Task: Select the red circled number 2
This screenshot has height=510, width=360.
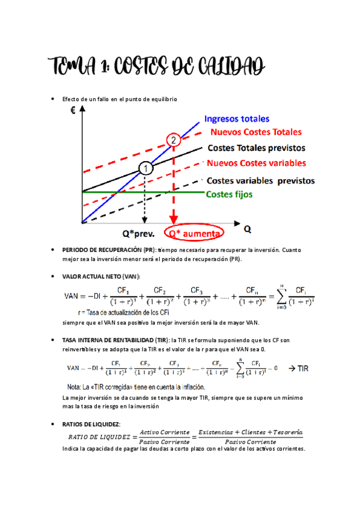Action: (174, 140)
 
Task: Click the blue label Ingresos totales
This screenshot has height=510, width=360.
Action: (237, 119)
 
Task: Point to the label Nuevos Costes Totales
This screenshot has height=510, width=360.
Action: (255, 132)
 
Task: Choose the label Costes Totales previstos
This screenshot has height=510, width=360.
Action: (256, 147)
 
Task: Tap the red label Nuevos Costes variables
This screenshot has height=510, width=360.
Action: (256, 163)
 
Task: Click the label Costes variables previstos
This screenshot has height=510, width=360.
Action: (260, 180)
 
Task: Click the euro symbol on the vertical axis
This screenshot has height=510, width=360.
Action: (73, 111)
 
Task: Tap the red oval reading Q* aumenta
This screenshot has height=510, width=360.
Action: (193, 233)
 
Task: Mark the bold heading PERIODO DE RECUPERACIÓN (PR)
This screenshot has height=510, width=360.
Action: (109, 250)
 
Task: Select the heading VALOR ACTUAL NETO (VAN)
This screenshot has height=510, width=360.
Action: (101, 276)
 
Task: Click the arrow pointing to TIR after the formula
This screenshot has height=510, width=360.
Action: (288, 367)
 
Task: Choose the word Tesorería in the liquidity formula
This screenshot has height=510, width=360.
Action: (283, 432)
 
